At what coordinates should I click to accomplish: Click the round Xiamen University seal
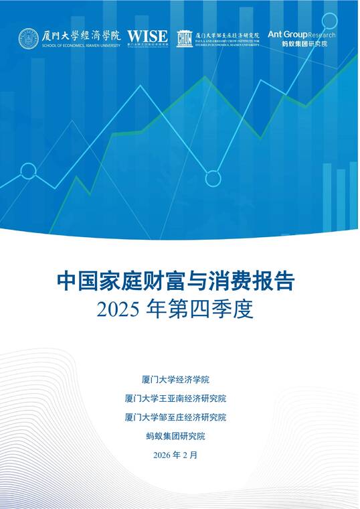pyautogui.click(x=28, y=38)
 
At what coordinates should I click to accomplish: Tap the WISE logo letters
pyautogui.click(x=147, y=35)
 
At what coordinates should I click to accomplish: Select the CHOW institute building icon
pyautogui.click(x=184, y=39)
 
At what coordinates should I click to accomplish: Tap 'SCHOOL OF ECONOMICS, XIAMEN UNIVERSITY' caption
pyautogui.click(x=80, y=46)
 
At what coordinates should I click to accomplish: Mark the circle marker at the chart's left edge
pyautogui.click(x=28, y=171)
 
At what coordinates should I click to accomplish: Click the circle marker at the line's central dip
pyautogui.click(x=213, y=178)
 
